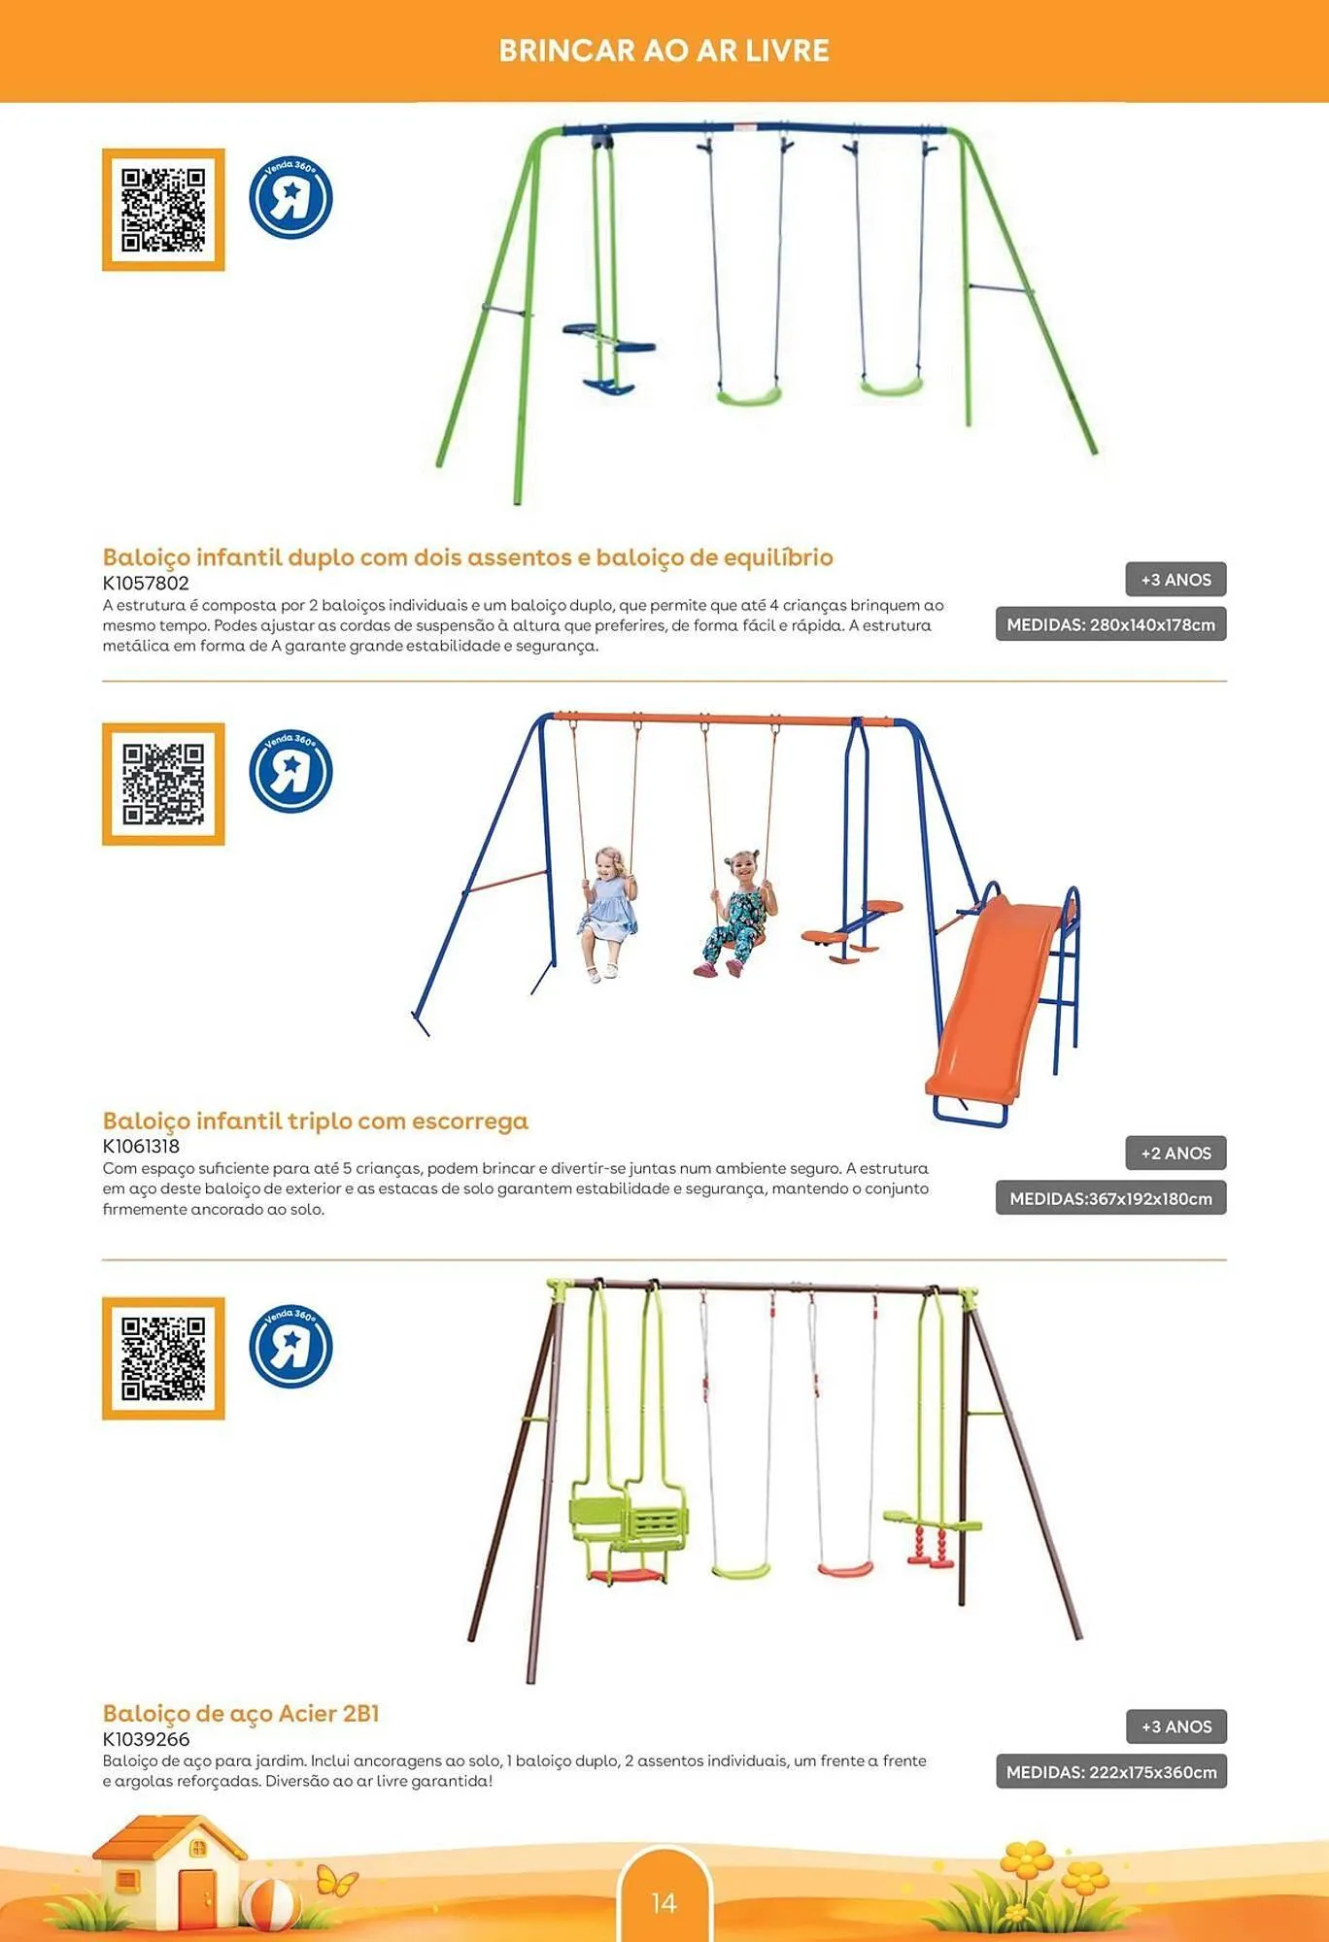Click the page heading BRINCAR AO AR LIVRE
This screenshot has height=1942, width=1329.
pyautogui.click(x=664, y=50)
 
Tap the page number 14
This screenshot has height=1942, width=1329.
pyautogui.click(x=664, y=1902)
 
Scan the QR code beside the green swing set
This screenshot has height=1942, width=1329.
pyautogui.click(x=163, y=210)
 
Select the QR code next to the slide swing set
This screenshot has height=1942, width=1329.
pyautogui.click(x=163, y=784)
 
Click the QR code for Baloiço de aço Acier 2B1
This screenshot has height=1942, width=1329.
pyautogui.click(x=163, y=1357)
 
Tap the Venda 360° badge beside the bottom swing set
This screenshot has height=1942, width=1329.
pyautogui.click(x=290, y=1346)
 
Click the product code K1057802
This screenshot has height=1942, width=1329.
pyautogui.click(x=146, y=583)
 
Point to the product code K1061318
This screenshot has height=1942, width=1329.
pyautogui.click(x=141, y=1146)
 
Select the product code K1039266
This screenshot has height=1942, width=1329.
pyautogui.click(x=146, y=1739)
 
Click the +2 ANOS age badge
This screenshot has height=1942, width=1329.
pyautogui.click(x=1176, y=1153)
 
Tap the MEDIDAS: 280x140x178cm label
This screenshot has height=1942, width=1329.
pyautogui.click(x=1110, y=624)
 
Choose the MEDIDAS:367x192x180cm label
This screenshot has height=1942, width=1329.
pyautogui.click(x=1110, y=1198)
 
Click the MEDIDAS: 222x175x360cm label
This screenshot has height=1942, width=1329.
pyautogui.click(x=1110, y=1772)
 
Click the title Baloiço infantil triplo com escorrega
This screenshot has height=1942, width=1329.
pyautogui.click(x=316, y=1121)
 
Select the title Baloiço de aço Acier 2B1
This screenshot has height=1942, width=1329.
pyautogui.click(x=241, y=1713)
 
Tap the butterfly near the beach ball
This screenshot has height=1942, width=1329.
pyautogui.click(x=336, y=1881)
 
